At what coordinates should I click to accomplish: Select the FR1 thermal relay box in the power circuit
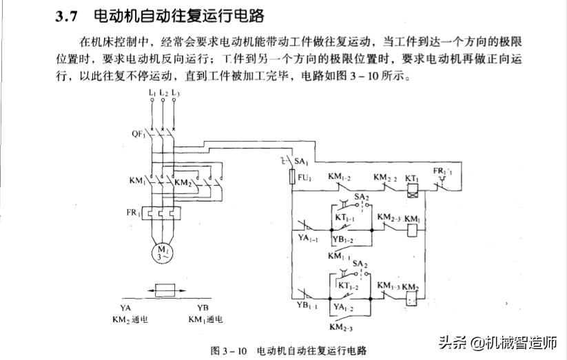coord(163,213)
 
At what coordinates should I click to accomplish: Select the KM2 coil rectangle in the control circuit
coord(411,299)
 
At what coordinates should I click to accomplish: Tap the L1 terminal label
coord(152,92)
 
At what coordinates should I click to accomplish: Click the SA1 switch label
coord(301,160)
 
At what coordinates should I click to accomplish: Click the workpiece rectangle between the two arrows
coord(169,290)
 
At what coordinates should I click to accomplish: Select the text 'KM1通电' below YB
coord(205,319)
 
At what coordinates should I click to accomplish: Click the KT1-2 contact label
coord(347,284)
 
